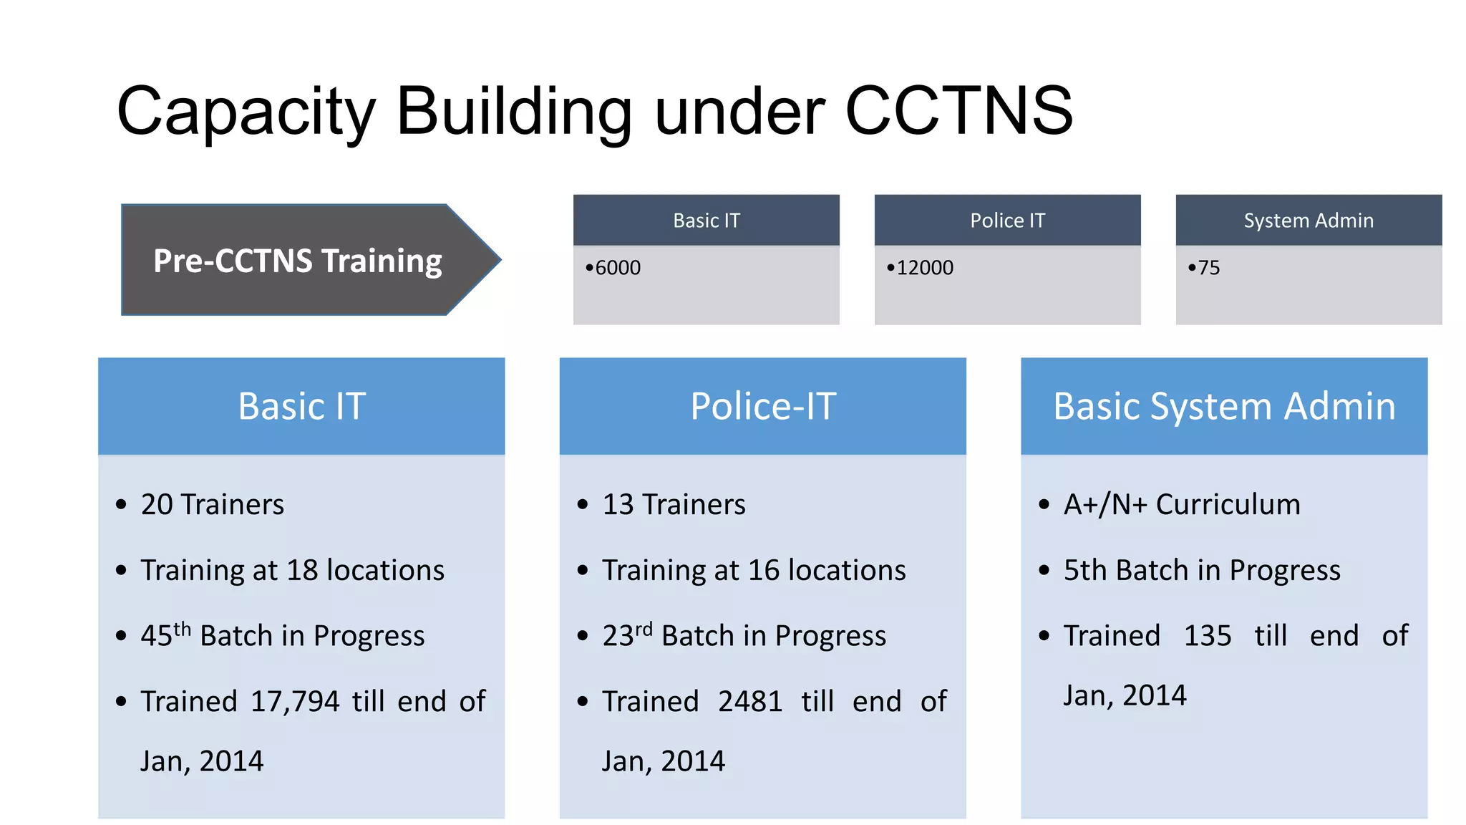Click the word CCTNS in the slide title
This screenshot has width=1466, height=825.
click(958, 111)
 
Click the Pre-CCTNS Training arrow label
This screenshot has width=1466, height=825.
click(297, 261)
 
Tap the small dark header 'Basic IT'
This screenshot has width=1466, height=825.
click(706, 221)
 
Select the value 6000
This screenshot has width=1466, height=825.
click(618, 268)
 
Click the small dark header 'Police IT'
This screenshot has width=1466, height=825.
click(1007, 221)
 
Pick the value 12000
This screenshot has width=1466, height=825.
click(924, 268)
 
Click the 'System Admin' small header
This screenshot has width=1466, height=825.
click(1308, 221)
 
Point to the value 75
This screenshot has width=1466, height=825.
click(1208, 268)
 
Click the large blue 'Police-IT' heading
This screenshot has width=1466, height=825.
click(762, 406)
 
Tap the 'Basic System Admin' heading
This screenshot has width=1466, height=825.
click(1223, 406)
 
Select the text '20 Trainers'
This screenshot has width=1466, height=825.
click(212, 505)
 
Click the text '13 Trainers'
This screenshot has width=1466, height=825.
click(673, 505)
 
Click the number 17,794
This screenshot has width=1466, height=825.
click(295, 702)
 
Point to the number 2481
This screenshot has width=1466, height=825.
click(749, 702)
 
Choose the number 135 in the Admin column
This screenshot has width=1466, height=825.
click(1207, 636)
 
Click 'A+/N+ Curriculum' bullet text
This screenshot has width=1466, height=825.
click(1181, 505)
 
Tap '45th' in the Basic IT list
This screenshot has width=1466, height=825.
click(165, 635)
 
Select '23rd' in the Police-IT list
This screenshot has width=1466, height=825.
click(626, 635)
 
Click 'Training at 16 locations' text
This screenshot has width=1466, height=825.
click(753, 571)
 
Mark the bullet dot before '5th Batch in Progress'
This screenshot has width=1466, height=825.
click(1044, 571)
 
